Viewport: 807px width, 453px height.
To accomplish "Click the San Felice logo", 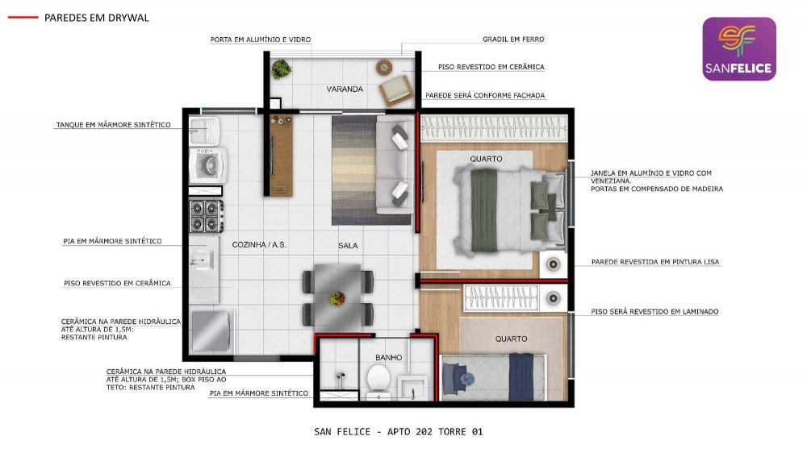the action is click(739, 49).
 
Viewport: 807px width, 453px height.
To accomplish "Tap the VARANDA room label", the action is click(345, 89).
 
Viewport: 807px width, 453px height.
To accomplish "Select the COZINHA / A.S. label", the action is click(259, 245).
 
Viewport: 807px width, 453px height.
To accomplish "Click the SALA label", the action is click(348, 246).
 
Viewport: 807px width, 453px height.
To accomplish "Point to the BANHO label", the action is click(389, 357).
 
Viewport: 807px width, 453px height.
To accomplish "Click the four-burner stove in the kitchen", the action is click(207, 216).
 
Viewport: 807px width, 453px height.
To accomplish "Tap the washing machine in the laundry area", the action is click(208, 165).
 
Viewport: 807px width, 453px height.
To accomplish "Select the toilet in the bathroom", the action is click(378, 381).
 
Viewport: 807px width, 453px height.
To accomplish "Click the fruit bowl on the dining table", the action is click(337, 297).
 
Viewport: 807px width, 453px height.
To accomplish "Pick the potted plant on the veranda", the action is click(281, 69).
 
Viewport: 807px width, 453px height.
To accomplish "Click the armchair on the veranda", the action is click(395, 89).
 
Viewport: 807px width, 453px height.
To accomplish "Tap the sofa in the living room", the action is click(395, 164).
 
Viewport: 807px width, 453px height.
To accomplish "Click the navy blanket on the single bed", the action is click(521, 377).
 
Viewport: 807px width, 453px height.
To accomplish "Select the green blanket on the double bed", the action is click(483, 210).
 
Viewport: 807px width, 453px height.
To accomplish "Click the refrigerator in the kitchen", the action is click(211, 331).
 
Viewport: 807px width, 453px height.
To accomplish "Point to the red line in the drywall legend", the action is click(23, 18).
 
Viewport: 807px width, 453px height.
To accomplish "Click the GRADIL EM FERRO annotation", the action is click(513, 39).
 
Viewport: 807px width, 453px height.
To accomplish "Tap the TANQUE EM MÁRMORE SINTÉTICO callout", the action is click(113, 125).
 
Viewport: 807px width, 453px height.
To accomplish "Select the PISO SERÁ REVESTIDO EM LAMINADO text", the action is click(654, 312).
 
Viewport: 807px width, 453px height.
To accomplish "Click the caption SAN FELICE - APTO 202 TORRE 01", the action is click(399, 432).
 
